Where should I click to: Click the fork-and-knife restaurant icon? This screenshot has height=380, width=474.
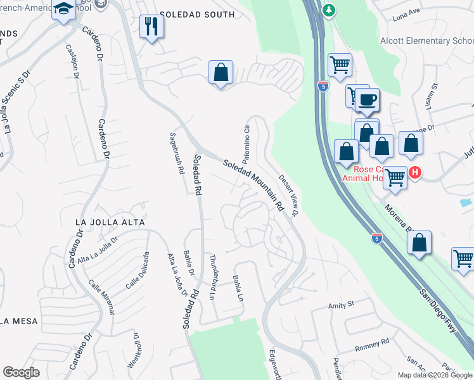[x=151, y=26]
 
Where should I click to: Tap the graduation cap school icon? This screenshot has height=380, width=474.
[x=64, y=9]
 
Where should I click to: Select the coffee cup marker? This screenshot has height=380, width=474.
[x=367, y=99]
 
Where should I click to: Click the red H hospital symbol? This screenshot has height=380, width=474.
[x=414, y=172]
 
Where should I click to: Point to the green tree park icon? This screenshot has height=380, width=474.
[x=328, y=10]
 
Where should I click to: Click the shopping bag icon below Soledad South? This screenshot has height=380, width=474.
[x=221, y=72]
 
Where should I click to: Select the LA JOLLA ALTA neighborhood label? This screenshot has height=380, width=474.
[x=110, y=222]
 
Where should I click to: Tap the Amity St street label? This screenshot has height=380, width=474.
[x=340, y=305]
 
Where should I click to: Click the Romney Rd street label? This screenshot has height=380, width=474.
[x=371, y=346]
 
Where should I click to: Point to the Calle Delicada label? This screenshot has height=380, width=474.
[x=138, y=270]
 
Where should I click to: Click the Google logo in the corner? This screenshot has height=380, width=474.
[x=22, y=372]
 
